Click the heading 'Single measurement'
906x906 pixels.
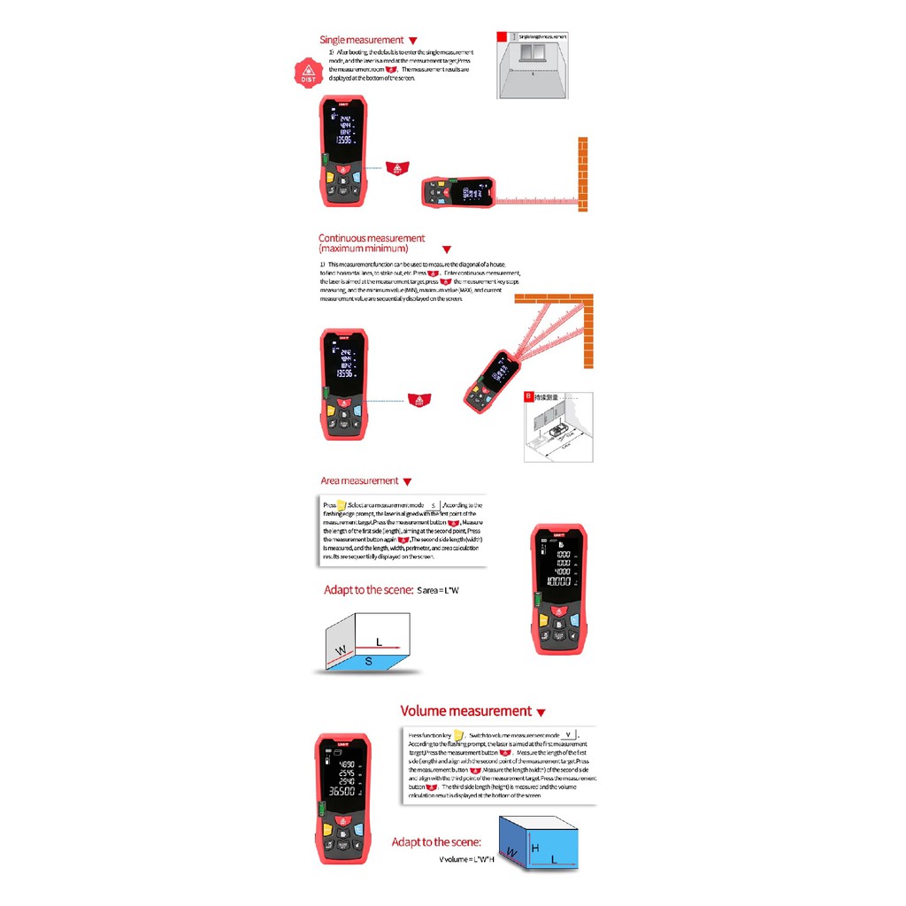(361, 40)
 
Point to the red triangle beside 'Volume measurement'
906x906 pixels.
(541, 712)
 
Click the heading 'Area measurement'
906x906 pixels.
(359, 481)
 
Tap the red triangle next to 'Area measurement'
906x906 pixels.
(407, 482)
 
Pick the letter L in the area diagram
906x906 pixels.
(379, 641)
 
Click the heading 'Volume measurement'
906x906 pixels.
(465, 711)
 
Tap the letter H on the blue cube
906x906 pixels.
(534, 848)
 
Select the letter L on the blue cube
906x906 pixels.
(554, 859)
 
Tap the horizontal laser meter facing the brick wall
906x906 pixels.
(455, 191)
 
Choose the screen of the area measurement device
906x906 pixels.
(557, 567)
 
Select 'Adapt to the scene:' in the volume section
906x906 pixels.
(436, 842)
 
